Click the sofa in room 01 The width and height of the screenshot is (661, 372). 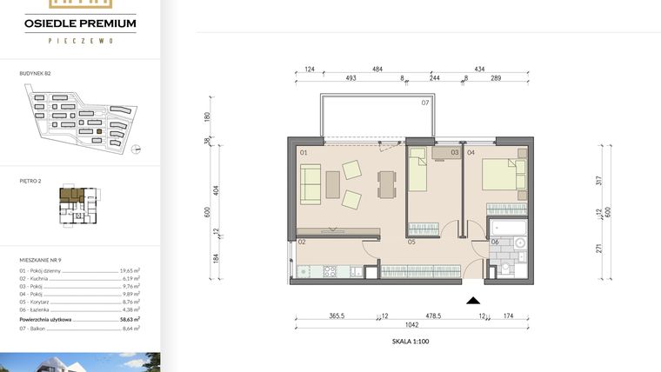click(310, 183)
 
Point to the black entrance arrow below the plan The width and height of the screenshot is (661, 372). click(473, 301)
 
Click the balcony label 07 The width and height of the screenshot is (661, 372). click(425, 103)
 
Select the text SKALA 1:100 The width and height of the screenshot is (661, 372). click(411, 342)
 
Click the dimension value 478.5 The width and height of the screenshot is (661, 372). click(434, 317)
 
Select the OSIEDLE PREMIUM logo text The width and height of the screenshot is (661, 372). click(81, 23)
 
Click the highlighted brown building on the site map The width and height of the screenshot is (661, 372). click(99, 132)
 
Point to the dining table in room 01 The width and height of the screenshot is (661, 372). click(384, 183)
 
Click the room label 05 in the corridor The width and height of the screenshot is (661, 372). click(409, 242)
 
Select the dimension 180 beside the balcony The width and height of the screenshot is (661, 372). click(208, 117)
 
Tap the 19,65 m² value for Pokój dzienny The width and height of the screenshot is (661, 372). click(130, 270)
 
